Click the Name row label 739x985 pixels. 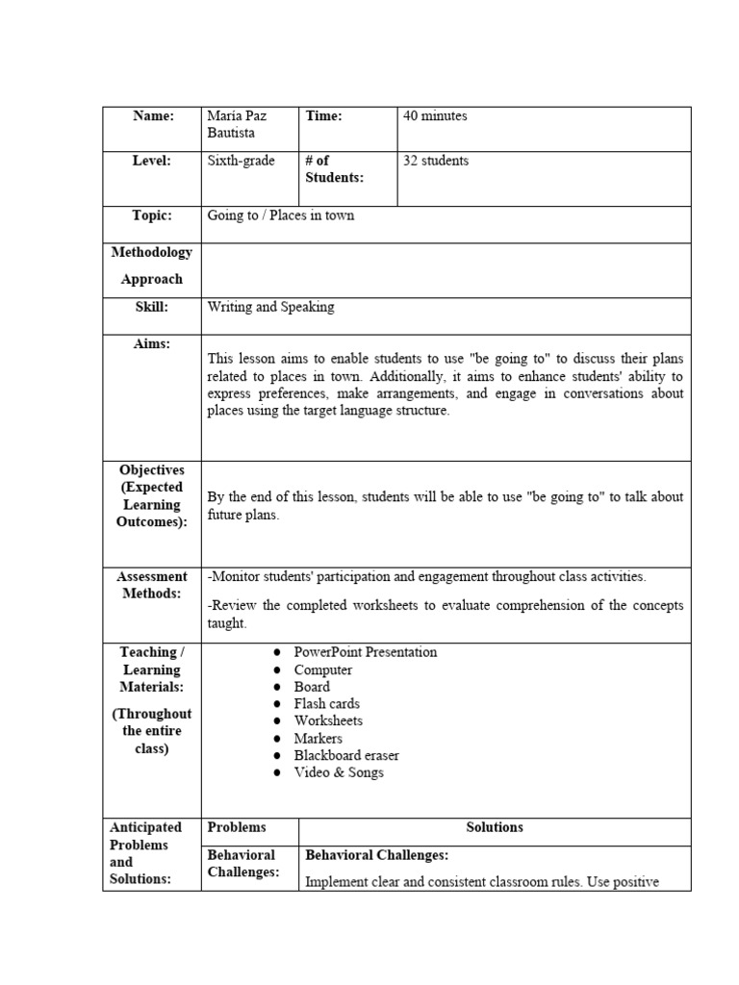click(x=152, y=116)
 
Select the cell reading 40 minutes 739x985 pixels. click(x=435, y=116)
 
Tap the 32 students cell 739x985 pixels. click(x=436, y=162)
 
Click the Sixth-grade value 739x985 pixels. click(x=241, y=162)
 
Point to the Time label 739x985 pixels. click(x=324, y=116)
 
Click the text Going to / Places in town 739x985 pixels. click(x=281, y=215)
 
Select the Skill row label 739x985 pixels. click(x=152, y=307)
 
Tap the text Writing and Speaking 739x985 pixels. click(x=271, y=307)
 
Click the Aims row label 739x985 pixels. click(x=152, y=344)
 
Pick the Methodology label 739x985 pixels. click(x=152, y=253)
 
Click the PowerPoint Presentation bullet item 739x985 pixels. click(x=366, y=652)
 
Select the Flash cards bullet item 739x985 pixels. click(x=327, y=704)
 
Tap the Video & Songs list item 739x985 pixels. click(x=339, y=773)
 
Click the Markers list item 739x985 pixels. click(x=319, y=739)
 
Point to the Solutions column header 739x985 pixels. click(x=495, y=827)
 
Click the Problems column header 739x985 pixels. click(x=237, y=827)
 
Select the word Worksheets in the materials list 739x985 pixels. click(x=329, y=721)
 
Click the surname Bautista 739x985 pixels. click(x=231, y=134)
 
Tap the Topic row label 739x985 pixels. click(x=152, y=215)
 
